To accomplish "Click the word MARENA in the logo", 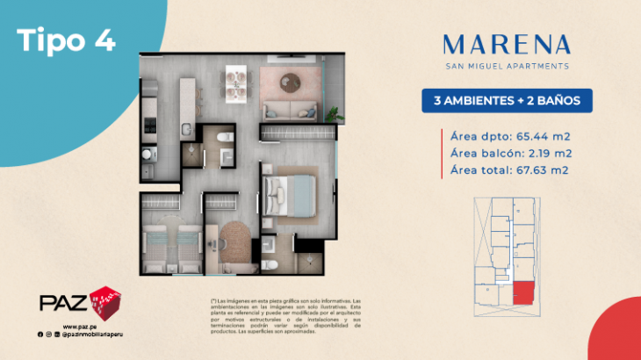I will tap(508, 43).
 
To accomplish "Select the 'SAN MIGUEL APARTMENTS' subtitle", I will tap(508, 65).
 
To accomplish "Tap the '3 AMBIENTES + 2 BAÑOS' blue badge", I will tap(508, 100).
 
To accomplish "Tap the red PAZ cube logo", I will tap(104, 303).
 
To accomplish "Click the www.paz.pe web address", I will tap(78, 326).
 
